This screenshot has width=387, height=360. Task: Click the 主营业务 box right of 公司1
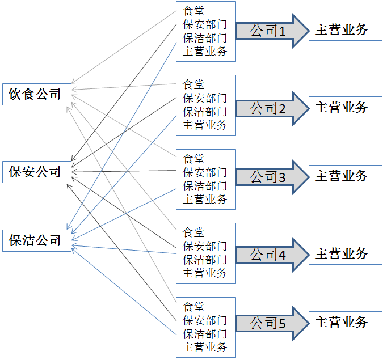click(345, 30)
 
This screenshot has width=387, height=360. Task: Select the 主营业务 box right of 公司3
click(345, 176)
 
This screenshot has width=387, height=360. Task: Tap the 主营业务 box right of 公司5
click(345, 323)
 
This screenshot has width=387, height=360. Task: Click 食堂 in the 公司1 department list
click(194, 11)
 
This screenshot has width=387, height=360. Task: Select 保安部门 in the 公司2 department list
click(205, 98)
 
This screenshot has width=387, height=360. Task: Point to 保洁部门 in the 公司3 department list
click(205, 185)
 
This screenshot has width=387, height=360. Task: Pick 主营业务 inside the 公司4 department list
click(205, 273)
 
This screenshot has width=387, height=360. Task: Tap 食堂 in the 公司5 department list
click(194, 307)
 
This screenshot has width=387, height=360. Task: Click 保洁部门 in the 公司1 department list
click(205, 38)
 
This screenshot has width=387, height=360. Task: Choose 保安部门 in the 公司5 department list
click(205, 320)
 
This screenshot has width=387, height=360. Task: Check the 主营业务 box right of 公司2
click(345, 107)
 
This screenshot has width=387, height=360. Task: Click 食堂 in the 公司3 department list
click(194, 159)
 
